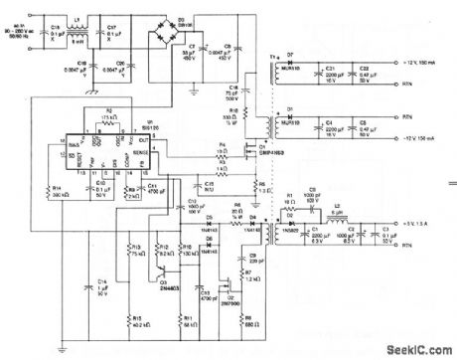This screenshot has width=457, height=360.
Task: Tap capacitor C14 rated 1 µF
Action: click(x=99, y=286)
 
